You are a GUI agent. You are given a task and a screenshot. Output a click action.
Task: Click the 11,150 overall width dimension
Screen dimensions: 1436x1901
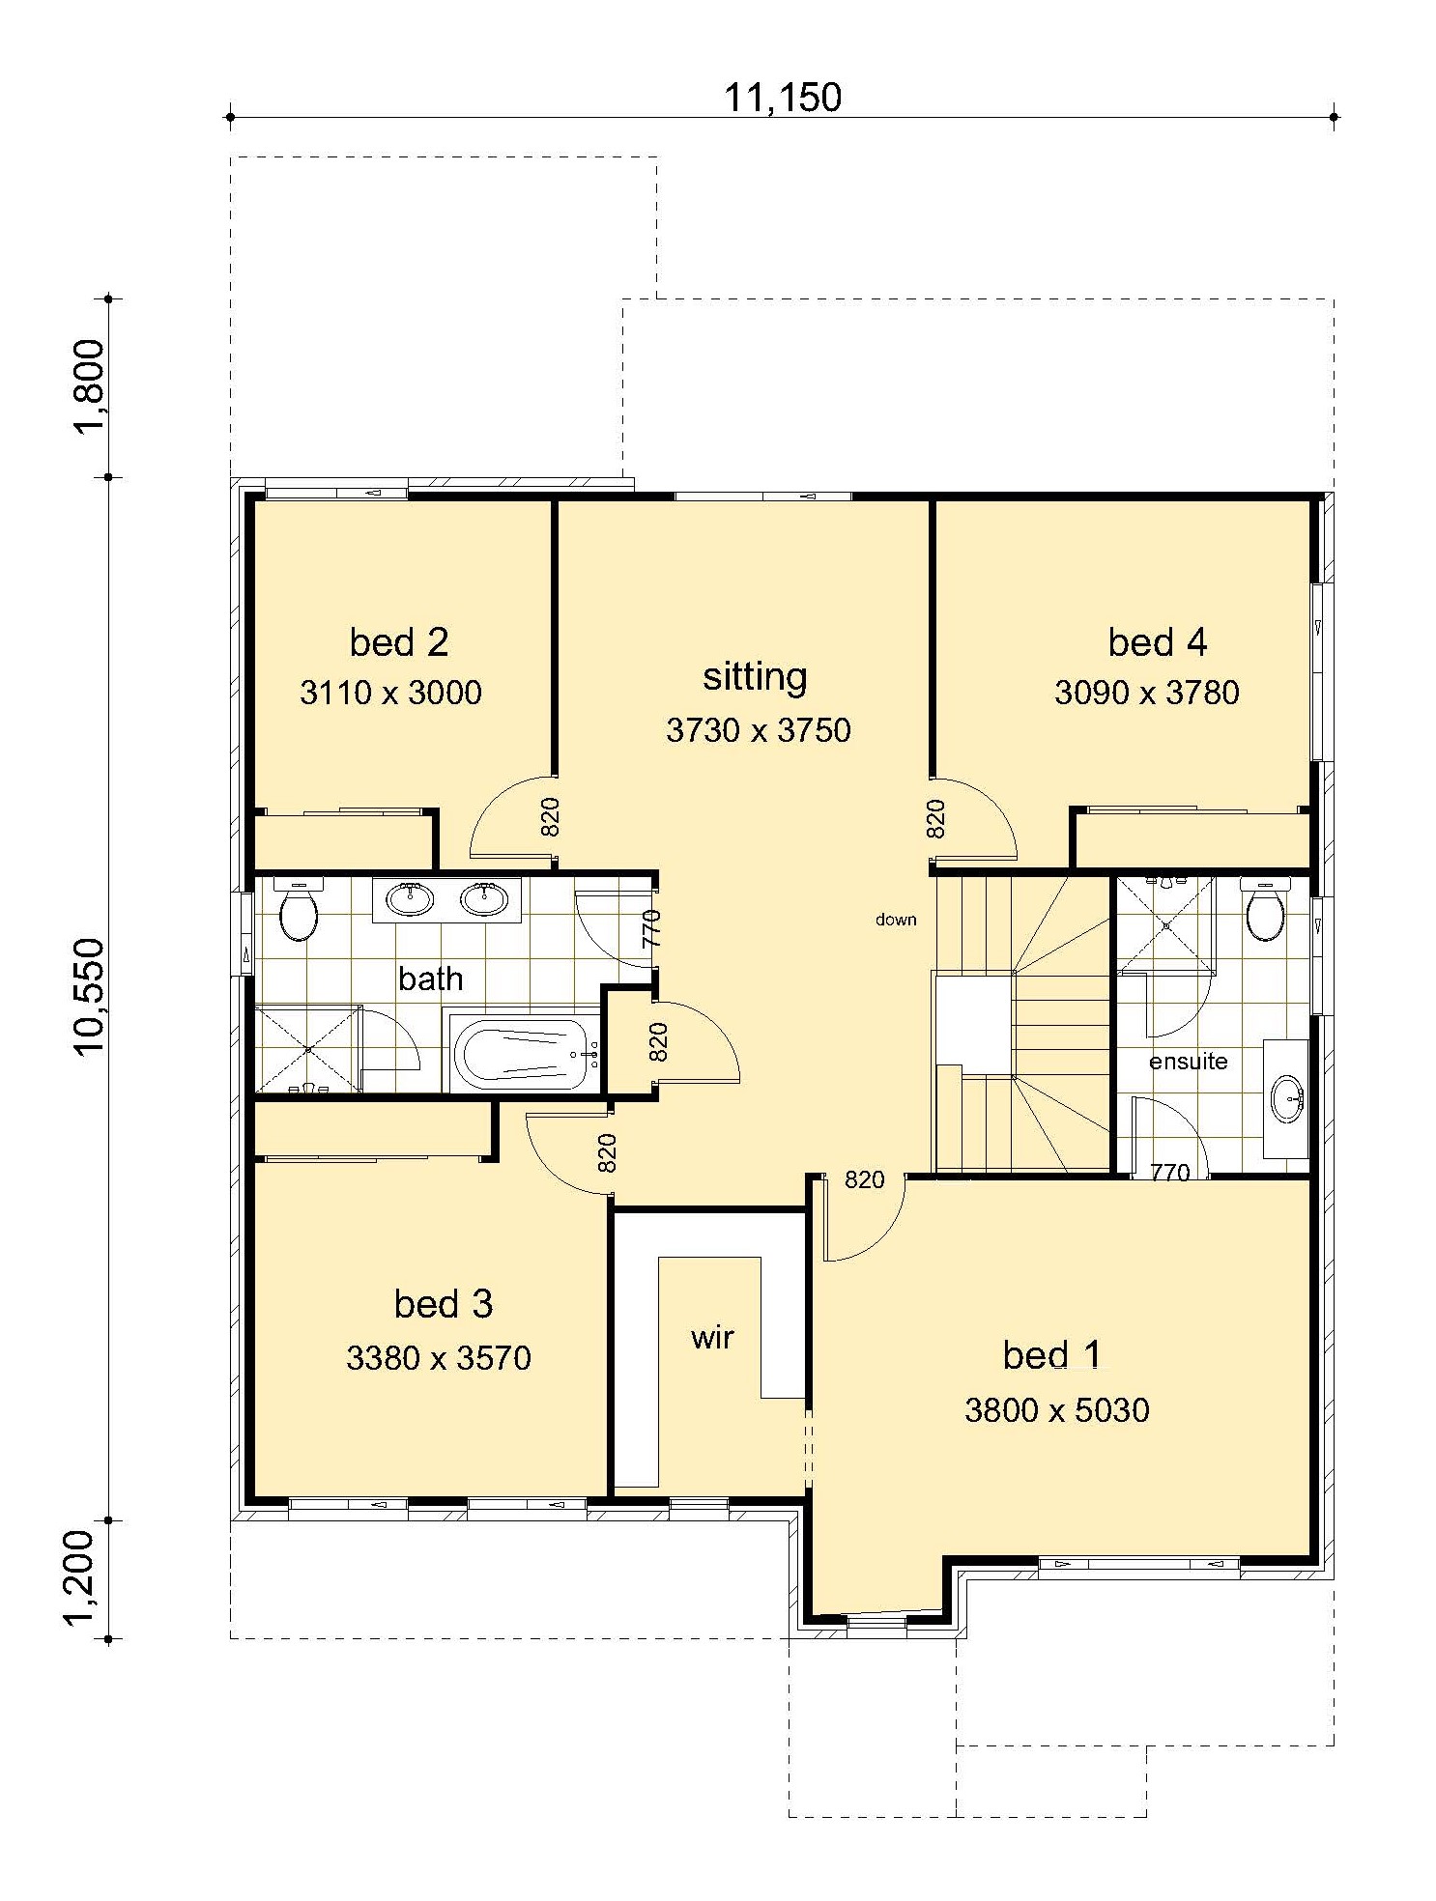click(783, 98)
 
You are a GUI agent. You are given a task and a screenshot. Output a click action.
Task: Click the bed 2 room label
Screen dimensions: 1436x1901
click(399, 641)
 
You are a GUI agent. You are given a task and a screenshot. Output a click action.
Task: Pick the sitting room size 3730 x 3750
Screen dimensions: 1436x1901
click(759, 729)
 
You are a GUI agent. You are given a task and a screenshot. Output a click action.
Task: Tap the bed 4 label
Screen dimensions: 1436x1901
click(1158, 641)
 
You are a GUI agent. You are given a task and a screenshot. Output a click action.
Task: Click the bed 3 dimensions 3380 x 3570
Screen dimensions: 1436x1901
click(439, 1357)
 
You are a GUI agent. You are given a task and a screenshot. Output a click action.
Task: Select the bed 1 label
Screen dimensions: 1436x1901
click(1052, 1354)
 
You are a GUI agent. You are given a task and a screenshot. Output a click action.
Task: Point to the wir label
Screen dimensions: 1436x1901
click(712, 1337)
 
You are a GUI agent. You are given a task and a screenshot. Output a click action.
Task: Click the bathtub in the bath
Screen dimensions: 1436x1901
click(523, 1055)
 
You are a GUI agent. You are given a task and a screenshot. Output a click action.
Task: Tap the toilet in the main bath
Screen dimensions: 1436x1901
click(299, 909)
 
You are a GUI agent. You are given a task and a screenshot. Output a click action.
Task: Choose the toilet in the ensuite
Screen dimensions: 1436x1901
click(1265, 909)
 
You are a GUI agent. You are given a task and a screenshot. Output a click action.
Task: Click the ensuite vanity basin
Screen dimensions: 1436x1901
click(1287, 1100)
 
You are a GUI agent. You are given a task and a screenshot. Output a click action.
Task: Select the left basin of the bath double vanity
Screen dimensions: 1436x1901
click(410, 899)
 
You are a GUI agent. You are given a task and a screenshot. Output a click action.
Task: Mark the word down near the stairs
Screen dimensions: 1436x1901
click(896, 920)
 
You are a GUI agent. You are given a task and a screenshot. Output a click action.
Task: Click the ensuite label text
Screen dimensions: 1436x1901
click(1189, 1061)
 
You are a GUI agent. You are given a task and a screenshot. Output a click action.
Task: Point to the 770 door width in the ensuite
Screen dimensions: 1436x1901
click(1170, 1173)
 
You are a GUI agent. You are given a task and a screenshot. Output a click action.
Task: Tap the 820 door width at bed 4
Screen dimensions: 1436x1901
click(934, 818)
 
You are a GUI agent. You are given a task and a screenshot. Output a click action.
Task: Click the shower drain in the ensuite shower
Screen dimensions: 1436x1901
click(1166, 924)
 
